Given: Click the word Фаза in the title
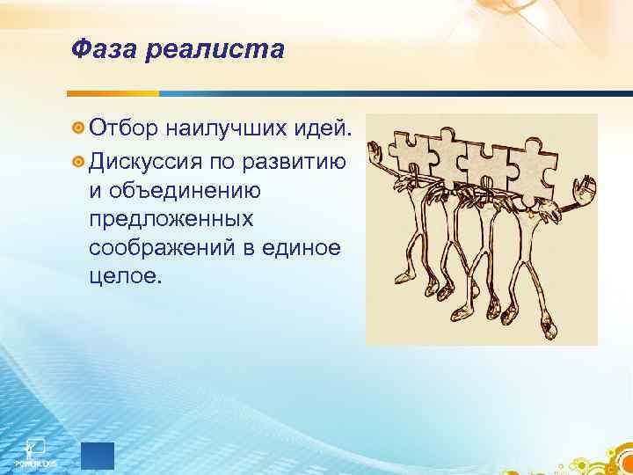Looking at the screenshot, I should point(99,50).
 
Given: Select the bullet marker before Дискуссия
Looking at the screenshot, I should point(78,163).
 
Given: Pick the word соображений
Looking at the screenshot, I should point(166,249).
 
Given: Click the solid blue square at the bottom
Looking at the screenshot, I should point(97,457).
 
